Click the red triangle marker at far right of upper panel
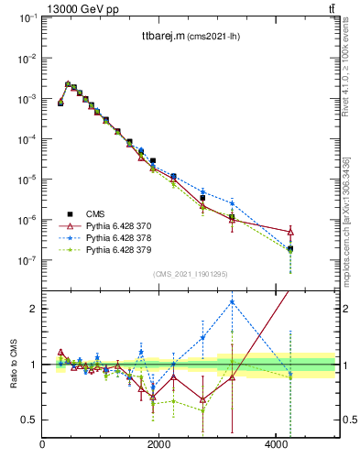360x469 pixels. click(x=290, y=232)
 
